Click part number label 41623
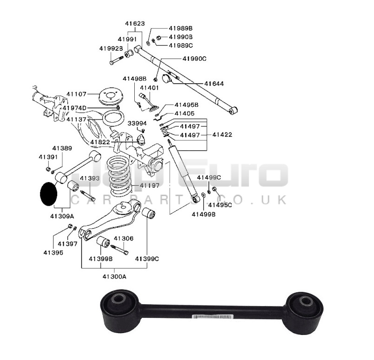pyautogui.click(x=135, y=24)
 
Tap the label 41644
pyautogui.click(x=214, y=84)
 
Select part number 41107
pyautogui.click(x=76, y=94)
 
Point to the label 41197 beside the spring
pyautogui.click(x=150, y=185)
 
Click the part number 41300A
pyautogui.click(x=114, y=276)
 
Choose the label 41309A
pyautogui.click(x=62, y=216)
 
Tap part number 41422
pyautogui.click(x=222, y=135)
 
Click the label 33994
pyautogui.click(x=137, y=124)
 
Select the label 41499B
pyautogui.click(x=203, y=215)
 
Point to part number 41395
pyautogui.click(x=53, y=253)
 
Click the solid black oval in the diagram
pyautogui.click(x=49, y=194)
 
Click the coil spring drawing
pyautogui.click(x=119, y=176)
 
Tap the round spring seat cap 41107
pyautogui.click(x=111, y=96)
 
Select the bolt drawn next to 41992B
pyautogui.click(x=117, y=60)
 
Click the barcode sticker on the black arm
pyautogui.click(x=212, y=317)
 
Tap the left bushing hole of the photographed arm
pyautogui.click(x=118, y=299)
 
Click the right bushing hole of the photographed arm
pyautogui.click(x=305, y=301)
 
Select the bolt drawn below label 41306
pyautogui.click(x=119, y=250)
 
